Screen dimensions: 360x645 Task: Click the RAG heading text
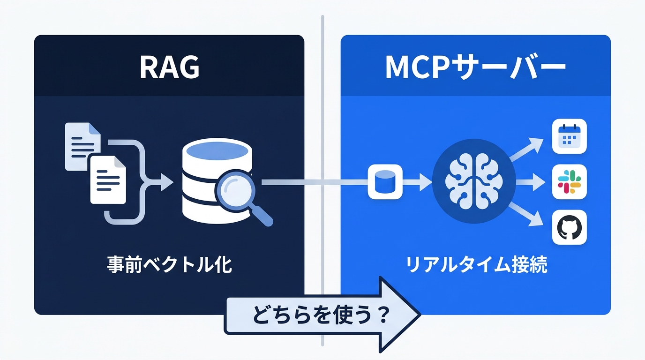pyautogui.click(x=169, y=68)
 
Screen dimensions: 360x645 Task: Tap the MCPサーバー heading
pyautogui.click(x=475, y=68)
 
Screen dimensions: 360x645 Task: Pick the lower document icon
pyautogui.click(x=108, y=180)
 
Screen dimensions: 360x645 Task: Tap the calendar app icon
pyautogui.click(x=570, y=136)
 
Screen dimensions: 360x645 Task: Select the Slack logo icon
pyautogui.click(x=570, y=182)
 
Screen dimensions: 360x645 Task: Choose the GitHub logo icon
pyautogui.click(x=570, y=227)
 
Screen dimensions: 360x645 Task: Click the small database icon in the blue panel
pyautogui.click(x=385, y=182)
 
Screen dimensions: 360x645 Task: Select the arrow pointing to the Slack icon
pyautogui.click(x=532, y=182)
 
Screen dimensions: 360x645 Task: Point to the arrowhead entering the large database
pyautogui.click(x=165, y=182)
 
